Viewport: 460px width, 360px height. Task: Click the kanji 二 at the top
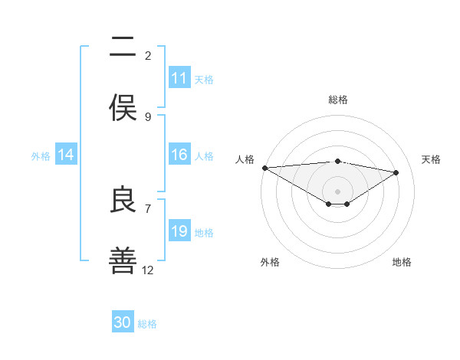tap(123, 47)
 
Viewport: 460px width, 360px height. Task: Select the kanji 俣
tap(123, 107)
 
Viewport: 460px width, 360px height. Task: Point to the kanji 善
tap(123, 260)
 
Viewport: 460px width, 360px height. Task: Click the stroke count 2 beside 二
tap(148, 55)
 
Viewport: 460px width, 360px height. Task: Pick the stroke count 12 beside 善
tap(148, 270)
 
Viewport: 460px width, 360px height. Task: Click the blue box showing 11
tap(179, 78)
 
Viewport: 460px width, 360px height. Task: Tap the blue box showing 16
tap(179, 155)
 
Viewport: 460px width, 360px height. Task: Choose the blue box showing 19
tap(179, 231)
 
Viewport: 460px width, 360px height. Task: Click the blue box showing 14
tap(66, 155)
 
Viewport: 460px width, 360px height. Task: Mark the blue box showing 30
tap(123, 322)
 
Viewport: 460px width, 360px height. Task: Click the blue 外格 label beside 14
tap(41, 155)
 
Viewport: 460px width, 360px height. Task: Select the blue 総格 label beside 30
tap(147, 324)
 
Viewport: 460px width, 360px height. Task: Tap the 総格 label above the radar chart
tap(338, 100)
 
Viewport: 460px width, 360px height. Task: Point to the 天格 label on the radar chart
tap(432, 159)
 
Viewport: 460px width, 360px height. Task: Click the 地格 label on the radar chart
tap(402, 262)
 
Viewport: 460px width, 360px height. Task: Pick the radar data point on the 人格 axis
tap(264, 168)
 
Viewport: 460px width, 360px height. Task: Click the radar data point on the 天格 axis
tap(396, 172)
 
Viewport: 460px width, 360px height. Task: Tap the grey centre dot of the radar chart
tap(337, 191)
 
